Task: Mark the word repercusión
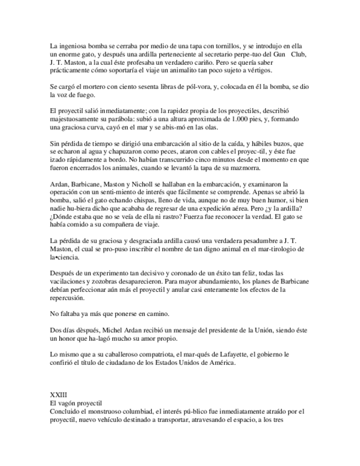(68, 298)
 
